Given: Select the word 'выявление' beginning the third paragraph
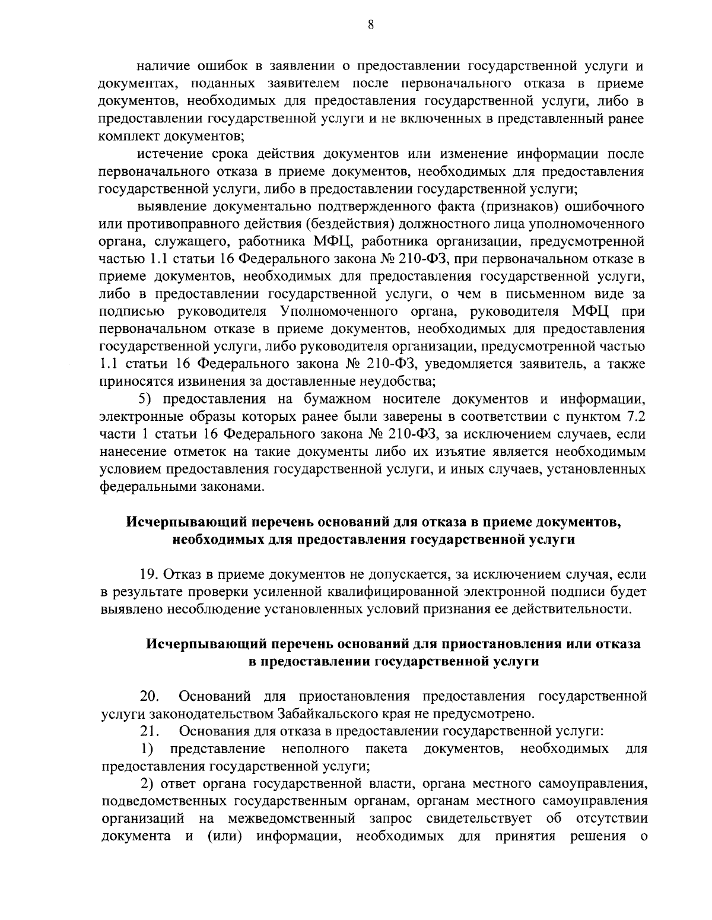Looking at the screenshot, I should click(168, 207).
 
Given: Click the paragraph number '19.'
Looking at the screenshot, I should click(149, 575).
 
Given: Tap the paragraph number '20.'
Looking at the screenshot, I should click(148, 696).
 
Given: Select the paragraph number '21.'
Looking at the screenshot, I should click(149, 731).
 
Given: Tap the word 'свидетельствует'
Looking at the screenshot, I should click(481, 819).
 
